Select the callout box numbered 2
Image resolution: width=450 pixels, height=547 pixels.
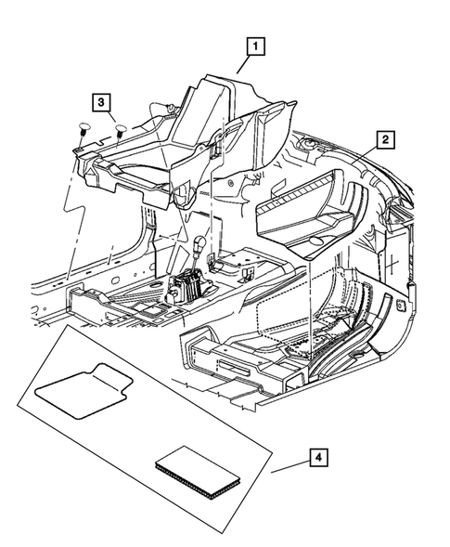(x=384, y=141)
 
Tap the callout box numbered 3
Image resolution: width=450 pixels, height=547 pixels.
(x=102, y=100)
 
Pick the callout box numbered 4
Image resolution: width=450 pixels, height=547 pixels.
(x=318, y=458)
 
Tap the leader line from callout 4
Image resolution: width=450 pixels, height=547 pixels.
(x=289, y=467)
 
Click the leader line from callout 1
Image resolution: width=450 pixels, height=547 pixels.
(x=243, y=64)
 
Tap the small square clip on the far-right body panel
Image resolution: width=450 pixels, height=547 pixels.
(x=401, y=304)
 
